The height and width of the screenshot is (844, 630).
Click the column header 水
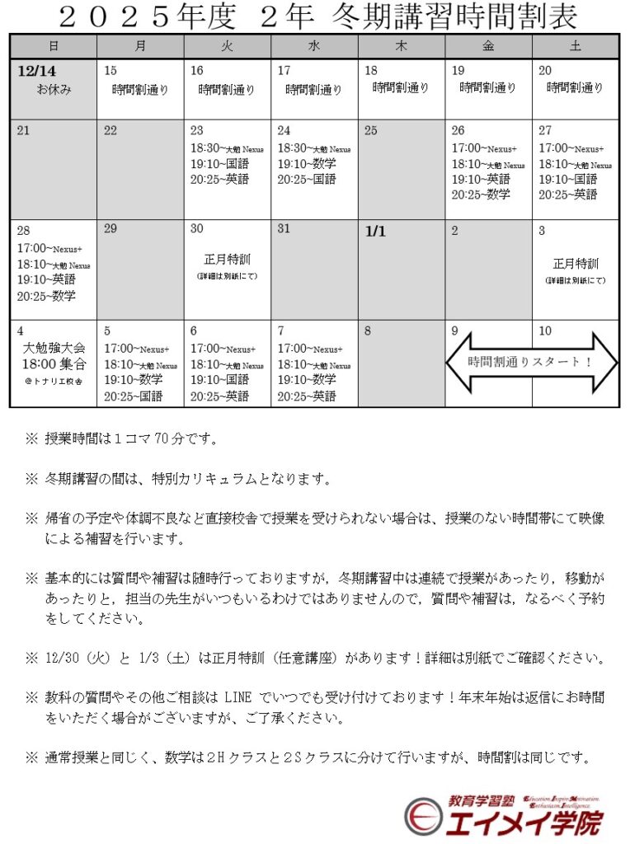(x=314, y=46)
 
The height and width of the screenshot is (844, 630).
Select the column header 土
(x=575, y=46)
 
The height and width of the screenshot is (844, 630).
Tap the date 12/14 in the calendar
(x=35, y=71)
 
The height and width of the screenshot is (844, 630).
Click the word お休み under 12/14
(x=54, y=89)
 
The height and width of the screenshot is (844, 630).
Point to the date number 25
(x=371, y=130)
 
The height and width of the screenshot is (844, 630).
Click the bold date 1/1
(x=375, y=232)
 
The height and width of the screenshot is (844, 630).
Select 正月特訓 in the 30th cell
(x=227, y=260)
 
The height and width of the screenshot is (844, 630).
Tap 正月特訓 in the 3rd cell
(x=575, y=265)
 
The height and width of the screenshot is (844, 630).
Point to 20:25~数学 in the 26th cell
(x=481, y=195)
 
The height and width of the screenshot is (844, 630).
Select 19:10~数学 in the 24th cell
(x=307, y=163)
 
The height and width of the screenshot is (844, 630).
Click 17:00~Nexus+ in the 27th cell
(x=571, y=148)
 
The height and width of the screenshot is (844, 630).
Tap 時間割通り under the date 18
(x=401, y=87)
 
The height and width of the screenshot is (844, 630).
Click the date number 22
(x=110, y=130)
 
